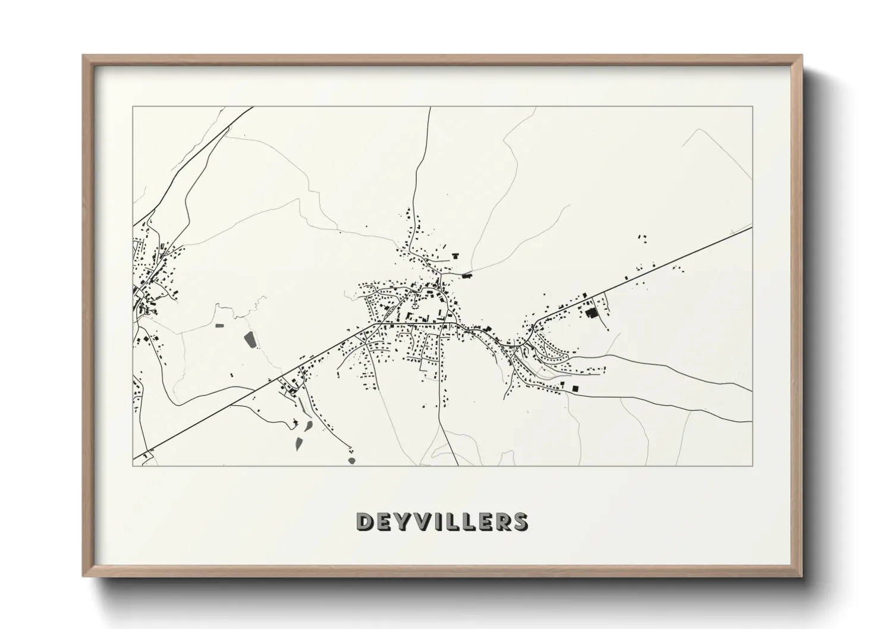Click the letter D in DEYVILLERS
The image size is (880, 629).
[364, 521]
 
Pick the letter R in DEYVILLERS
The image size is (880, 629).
[501, 521]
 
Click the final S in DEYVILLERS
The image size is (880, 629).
[519, 521]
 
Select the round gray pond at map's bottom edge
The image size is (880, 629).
[352, 460]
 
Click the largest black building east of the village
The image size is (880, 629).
[590, 313]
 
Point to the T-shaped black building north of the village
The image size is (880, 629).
[456, 256]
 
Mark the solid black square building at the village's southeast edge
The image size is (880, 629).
[575, 388]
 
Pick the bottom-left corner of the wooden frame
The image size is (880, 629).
[83, 576]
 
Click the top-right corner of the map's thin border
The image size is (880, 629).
[752, 107]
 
